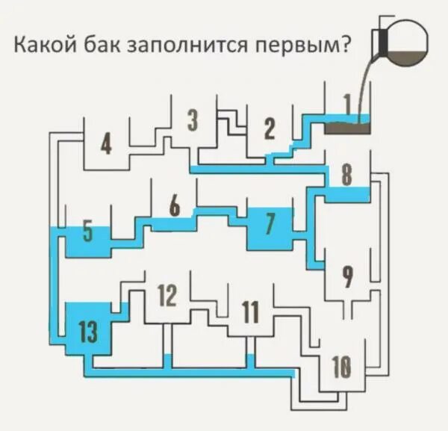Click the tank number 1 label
(x=347, y=105)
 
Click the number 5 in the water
(x=87, y=232)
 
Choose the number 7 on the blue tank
(x=270, y=222)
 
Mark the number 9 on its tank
(x=346, y=276)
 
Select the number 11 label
(x=251, y=311)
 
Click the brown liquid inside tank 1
(x=348, y=128)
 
